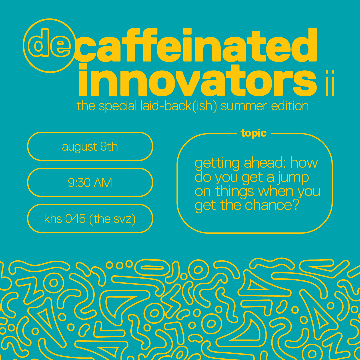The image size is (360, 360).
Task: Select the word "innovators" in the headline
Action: click(197, 80)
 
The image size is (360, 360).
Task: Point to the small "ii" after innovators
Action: click(330, 83)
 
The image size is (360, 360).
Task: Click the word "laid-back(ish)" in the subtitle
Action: click(179, 106)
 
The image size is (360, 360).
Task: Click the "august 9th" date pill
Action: click(90, 146)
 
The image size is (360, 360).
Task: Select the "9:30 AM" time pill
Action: click(90, 182)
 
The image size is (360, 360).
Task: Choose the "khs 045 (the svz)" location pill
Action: click(90, 218)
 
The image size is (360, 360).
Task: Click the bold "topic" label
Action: click(253, 133)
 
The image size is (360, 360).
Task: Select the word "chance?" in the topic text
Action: click(272, 205)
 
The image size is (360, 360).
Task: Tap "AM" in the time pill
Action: click(103, 183)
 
